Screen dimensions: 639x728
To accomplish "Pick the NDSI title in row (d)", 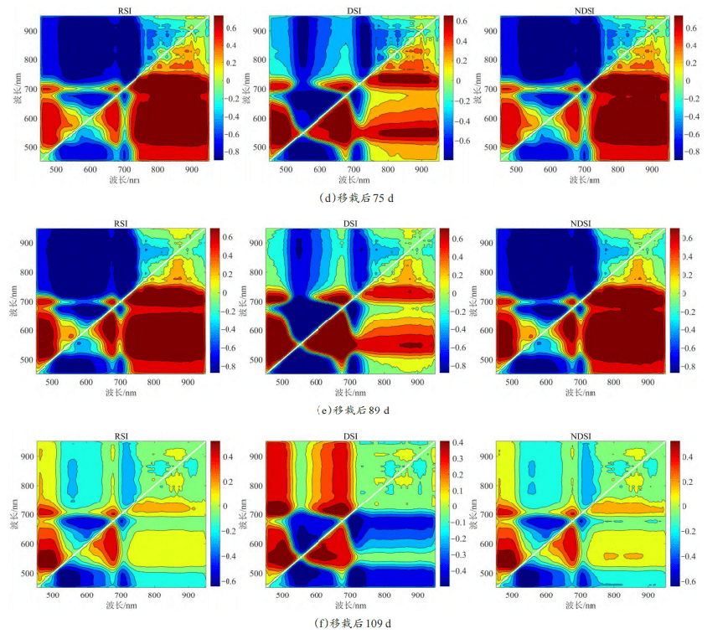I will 579,10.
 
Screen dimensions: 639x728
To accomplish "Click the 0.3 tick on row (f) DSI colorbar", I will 454,458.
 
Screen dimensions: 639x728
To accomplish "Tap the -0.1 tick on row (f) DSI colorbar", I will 457,523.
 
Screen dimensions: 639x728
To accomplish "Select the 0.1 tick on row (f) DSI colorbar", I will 454,491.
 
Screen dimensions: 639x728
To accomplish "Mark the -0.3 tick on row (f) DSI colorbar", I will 457,554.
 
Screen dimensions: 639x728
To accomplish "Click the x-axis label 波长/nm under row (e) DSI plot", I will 352,390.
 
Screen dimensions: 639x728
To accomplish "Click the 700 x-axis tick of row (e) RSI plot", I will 120,381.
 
